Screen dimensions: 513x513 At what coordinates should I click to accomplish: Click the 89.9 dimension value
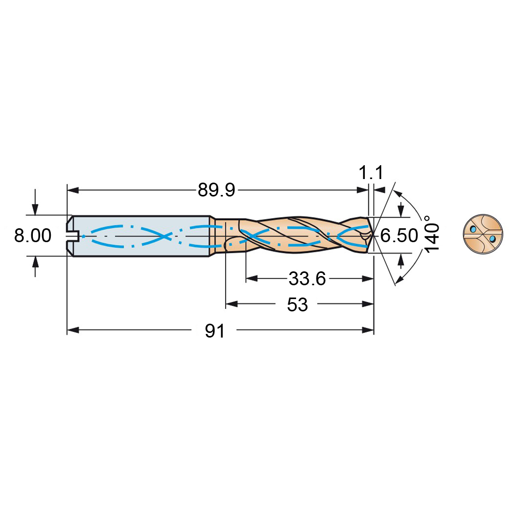point(216,190)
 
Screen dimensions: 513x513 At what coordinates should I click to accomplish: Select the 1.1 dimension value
point(371,172)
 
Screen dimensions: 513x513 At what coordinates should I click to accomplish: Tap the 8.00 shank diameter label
point(33,235)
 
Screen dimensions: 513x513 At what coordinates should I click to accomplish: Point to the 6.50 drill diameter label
point(399,235)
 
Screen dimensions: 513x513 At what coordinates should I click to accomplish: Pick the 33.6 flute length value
point(307,279)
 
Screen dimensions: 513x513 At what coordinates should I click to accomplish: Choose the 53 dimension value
point(298,305)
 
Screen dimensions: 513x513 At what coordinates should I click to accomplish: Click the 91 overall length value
point(215,331)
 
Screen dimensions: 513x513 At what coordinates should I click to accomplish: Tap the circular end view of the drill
point(483,234)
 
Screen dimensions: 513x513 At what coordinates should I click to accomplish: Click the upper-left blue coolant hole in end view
point(473,229)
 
